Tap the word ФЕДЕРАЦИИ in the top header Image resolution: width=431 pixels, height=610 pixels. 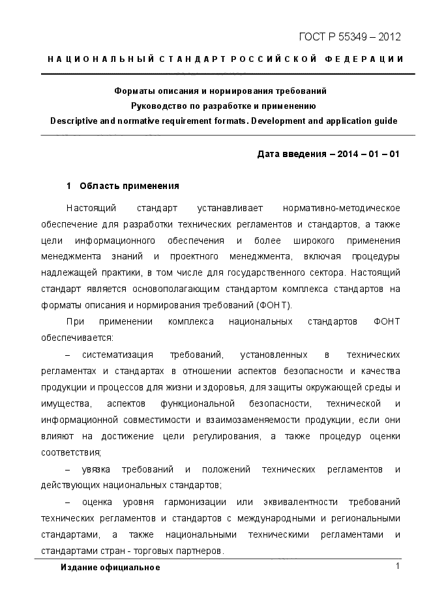366,59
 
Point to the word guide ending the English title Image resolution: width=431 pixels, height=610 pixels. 385,121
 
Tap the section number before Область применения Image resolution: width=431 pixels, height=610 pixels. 68,186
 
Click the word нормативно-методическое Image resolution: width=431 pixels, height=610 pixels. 341,208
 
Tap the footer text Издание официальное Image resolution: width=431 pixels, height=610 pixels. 110,567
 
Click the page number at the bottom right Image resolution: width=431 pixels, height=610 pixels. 396,566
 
